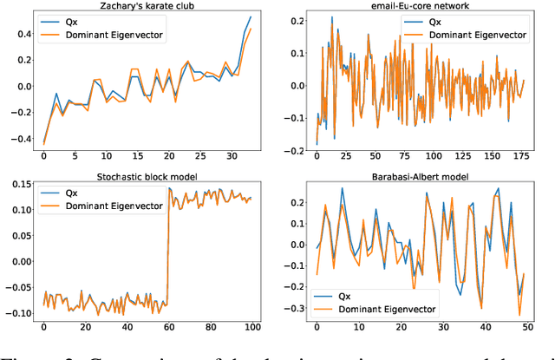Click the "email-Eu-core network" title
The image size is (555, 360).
click(x=416, y=6)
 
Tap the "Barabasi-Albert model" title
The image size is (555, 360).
click(x=416, y=179)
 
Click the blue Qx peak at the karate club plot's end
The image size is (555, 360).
click(x=251, y=16)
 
